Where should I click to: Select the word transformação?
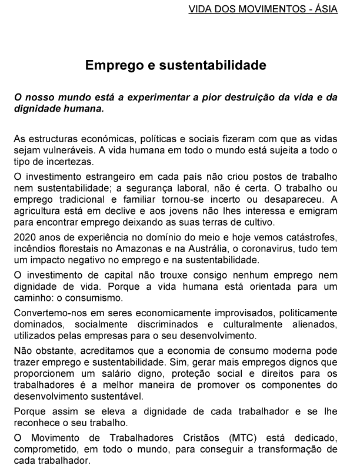coord(301,450)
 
